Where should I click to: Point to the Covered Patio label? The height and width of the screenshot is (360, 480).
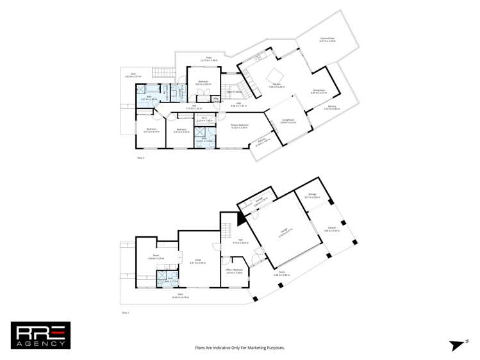pyautogui.click(x=327, y=38)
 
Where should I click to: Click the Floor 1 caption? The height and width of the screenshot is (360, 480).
pyautogui.click(x=125, y=312)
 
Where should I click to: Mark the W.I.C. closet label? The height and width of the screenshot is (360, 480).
pyautogui.click(x=203, y=118)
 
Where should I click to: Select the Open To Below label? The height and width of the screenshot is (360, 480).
pyautogui.click(x=234, y=92)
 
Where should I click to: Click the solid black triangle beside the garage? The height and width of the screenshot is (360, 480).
pyautogui.click(x=242, y=218)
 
